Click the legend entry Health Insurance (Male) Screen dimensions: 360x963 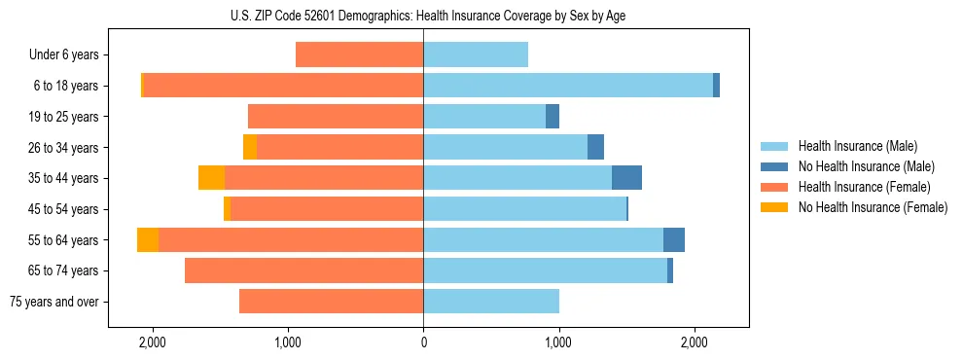(x=857, y=146)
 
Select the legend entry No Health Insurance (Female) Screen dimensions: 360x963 (x=873, y=207)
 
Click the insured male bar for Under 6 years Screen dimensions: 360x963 (x=476, y=54)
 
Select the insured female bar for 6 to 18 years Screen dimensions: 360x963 (x=283, y=86)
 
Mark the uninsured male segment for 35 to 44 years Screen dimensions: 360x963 (x=626, y=178)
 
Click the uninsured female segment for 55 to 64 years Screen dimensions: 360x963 (x=148, y=240)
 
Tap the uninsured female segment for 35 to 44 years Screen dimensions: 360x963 (x=211, y=178)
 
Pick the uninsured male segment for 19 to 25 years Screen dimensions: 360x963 (x=553, y=117)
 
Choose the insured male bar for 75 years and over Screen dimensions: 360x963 (x=491, y=302)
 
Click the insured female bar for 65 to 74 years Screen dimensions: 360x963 (x=303, y=270)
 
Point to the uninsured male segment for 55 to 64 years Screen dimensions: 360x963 (x=674, y=240)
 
